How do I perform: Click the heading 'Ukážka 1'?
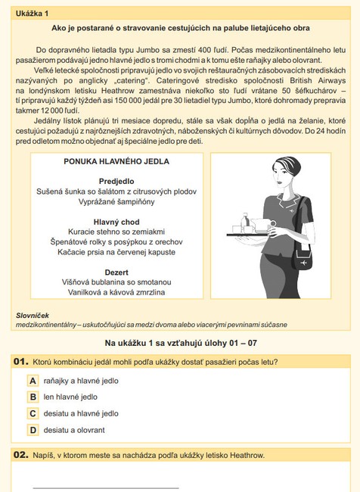click(x=31, y=13)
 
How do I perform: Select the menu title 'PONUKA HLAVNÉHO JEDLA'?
click(x=116, y=161)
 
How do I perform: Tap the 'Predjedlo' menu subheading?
click(x=116, y=182)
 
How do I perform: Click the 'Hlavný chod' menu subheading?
click(x=116, y=222)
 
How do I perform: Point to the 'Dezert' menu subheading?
click(x=116, y=272)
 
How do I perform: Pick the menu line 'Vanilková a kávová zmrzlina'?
click(x=116, y=291)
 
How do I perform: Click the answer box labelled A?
click(x=33, y=381)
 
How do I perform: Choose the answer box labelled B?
click(x=33, y=397)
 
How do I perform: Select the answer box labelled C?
click(x=33, y=413)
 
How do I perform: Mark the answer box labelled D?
click(x=33, y=430)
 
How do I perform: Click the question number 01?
click(x=21, y=363)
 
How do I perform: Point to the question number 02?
click(x=21, y=455)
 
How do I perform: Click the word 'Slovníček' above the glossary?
click(x=33, y=315)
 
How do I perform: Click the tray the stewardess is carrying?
click(x=253, y=234)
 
